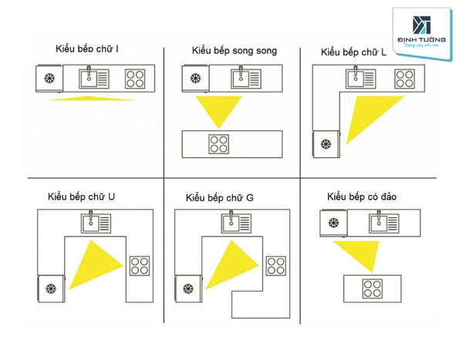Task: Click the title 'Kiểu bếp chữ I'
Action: point(86,49)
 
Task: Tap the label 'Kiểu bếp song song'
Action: point(235,50)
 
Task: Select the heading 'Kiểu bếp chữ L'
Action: point(353,52)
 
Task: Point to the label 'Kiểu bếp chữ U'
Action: point(81,197)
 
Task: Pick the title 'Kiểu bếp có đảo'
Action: point(362,197)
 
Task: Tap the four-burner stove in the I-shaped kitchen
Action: point(136,78)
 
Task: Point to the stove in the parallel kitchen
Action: point(219,143)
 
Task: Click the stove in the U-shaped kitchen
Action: point(140,265)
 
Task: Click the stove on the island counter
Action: point(371,290)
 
